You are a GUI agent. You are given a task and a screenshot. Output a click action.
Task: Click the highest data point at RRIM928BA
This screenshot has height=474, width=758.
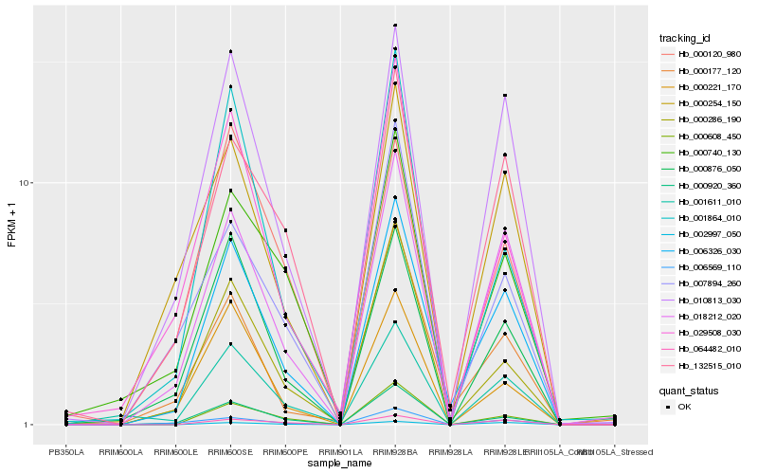(x=395, y=26)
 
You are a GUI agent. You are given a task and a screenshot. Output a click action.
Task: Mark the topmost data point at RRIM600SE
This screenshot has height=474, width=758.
(x=230, y=51)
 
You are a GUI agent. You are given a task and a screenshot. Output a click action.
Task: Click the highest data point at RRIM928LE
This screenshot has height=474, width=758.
(x=505, y=96)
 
